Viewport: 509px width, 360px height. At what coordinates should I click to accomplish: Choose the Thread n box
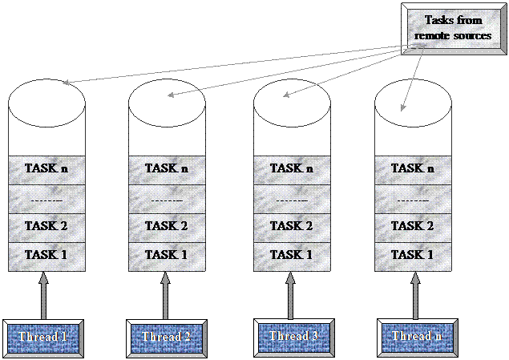[x=414, y=337]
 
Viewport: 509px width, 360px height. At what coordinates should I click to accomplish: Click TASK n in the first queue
[x=46, y=169]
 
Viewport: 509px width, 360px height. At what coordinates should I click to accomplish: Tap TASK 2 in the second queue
[x=168, y=226]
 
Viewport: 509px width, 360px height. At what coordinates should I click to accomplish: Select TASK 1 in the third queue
[x=293, y=255]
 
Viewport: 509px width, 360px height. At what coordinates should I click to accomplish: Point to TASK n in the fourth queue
[x=414, y=169]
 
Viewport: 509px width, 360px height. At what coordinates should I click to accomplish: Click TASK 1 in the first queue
[x=46, y=255]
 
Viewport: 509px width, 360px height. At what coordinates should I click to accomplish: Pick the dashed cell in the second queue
[x=168, y=198]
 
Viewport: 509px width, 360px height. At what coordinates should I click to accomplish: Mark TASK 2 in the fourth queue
[x=414, y=226]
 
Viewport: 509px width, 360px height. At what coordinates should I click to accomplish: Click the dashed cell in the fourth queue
[x=414, y=198]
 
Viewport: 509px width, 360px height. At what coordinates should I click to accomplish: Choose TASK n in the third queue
[x=293, y=169]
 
